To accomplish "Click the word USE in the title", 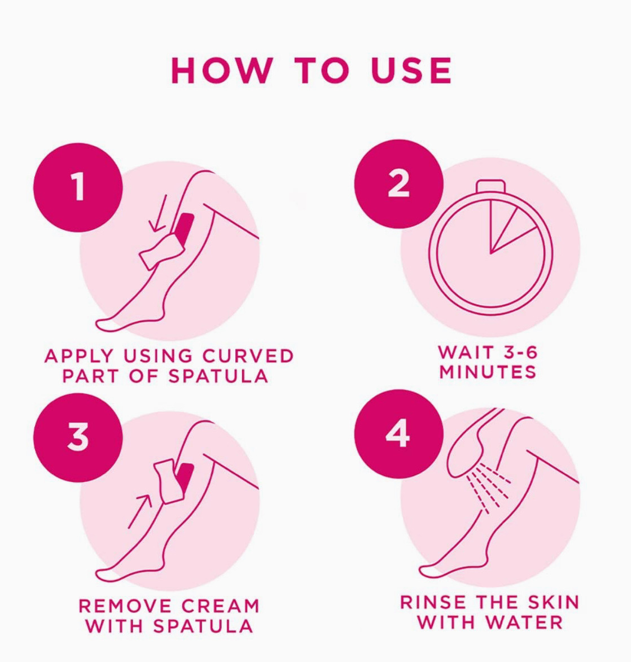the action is pos(412,71).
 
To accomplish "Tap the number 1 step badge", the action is pos(78,187).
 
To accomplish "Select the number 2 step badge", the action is pos(398,184).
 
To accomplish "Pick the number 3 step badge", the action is pos(78,437).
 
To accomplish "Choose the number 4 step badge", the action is pos(398,434).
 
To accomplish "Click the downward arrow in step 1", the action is pos(159,214).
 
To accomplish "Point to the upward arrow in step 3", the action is pos(140,511).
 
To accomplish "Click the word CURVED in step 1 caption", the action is pos(248,356).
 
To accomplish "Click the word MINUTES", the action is pos(488,372).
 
